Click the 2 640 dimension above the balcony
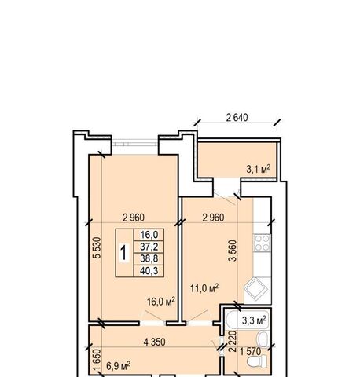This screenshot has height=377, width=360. tap(237, 118)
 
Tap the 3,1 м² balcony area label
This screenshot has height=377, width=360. tap(258, 169)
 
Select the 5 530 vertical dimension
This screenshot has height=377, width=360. tap(97, 248)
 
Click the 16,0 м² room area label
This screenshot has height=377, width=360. tap(161, 302)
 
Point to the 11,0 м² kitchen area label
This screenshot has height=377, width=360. tap(204, 288)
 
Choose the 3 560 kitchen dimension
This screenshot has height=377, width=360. tap(233, 251)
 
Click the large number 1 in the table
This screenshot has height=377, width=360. tap(124, 253)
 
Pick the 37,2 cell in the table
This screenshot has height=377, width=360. tap(149, 247)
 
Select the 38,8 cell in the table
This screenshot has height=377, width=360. tap(149, 258)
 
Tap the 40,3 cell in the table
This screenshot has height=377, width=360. tap(149, 271)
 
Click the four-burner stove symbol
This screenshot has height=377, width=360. tap(262, 243)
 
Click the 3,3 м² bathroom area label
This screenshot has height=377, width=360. tap(254, 320)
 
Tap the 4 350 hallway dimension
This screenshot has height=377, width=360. tap(154, 342)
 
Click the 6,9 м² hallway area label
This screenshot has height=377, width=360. tap(119, 366)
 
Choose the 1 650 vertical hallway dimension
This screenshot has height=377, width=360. tap(97, 360)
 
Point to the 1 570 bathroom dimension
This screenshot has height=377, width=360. tap(251, 352)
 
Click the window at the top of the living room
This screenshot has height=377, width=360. tap(135, 144)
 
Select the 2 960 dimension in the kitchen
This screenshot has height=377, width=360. tap(213, 218)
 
